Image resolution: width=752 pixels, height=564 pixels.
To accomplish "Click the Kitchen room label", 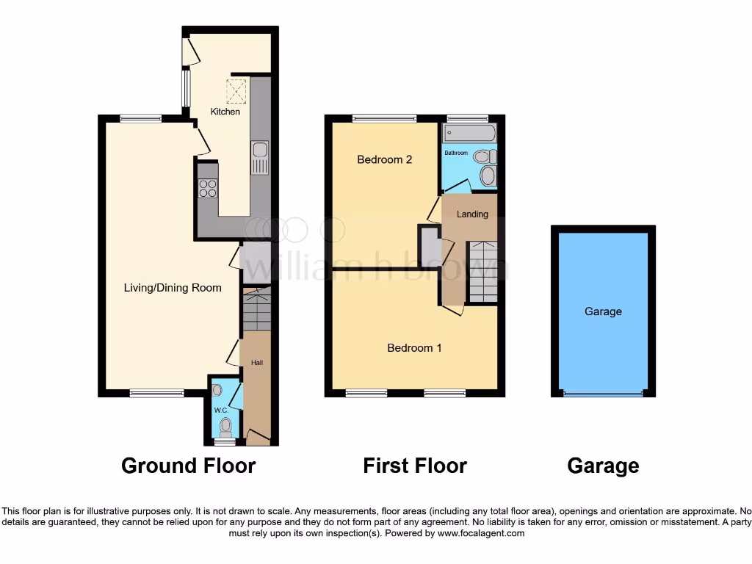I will tap(225, 112).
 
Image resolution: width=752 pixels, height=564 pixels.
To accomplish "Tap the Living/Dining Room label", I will tap(173, 288).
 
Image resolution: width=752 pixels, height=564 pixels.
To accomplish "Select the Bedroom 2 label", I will tap(384, 159).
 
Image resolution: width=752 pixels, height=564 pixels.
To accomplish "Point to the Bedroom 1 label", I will tap(414, 347).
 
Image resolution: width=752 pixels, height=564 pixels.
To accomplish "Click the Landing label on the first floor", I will tap(472, 214).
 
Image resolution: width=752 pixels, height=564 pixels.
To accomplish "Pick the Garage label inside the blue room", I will tap(603, 311).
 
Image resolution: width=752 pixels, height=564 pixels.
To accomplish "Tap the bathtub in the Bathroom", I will tap(469, 134).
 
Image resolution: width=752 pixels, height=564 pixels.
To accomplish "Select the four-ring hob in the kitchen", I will tap(208, 188).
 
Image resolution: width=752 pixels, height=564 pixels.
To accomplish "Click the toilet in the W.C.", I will tap(225, 426).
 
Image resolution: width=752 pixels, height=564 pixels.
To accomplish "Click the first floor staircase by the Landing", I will tap(483, 271).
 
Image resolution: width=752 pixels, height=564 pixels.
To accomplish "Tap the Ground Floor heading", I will tap(188, 466).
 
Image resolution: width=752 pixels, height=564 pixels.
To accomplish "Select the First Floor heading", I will tap(415, 466).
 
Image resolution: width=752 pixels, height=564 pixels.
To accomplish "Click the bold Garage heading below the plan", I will tap(603, 466).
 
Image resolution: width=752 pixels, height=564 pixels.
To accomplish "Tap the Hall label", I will tap(257, 363).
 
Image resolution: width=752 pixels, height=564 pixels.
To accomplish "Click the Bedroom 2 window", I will tap(384, 117).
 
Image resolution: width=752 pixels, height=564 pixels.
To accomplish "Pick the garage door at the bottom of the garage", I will tap(603, 394).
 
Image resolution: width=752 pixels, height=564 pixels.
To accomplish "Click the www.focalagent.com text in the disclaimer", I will tap(481, 533).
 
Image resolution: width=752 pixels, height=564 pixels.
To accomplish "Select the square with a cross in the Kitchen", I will tap(236, 92).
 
